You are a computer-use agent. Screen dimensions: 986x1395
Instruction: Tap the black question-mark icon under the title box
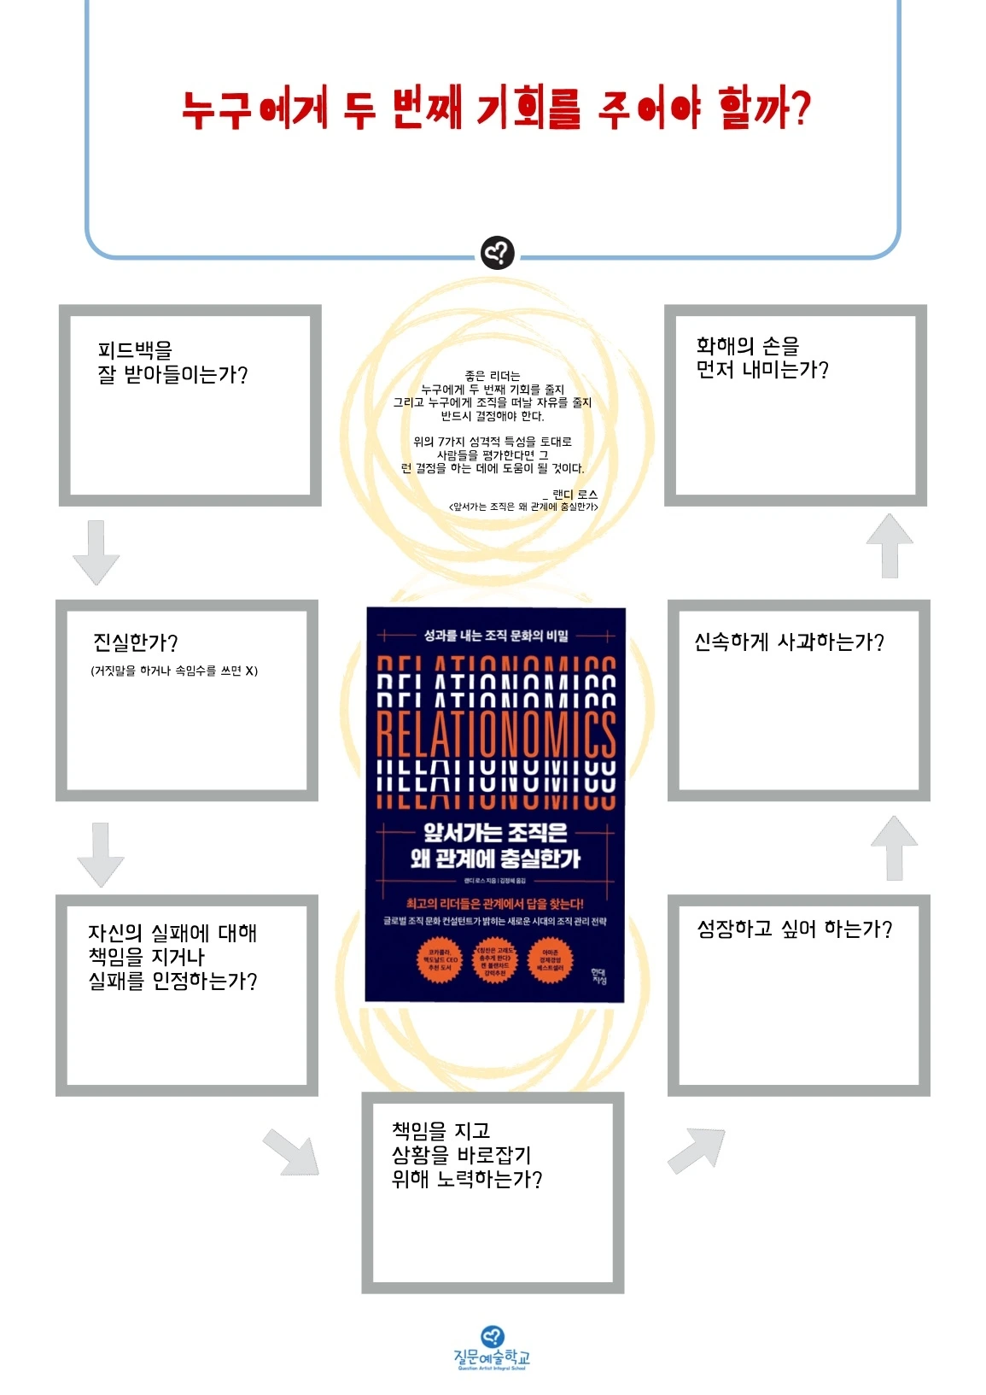[497, 253]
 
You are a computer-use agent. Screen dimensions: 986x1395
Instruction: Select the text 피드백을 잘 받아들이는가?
[172, 362]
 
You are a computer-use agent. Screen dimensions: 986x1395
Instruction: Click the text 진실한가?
[135, 642]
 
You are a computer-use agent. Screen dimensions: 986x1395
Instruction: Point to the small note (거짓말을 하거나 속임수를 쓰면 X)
[174, 671]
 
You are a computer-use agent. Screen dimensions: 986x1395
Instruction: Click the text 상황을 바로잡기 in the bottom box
[461, 1155]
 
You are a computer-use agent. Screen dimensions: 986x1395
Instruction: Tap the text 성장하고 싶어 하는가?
[794, 929]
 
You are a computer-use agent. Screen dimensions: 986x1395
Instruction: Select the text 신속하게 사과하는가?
[789, 642]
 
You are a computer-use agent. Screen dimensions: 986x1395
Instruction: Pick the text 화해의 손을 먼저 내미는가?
[761, 358]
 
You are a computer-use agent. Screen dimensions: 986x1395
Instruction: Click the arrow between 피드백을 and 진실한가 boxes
[96, 551]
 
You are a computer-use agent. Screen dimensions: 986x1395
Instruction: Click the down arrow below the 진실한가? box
[101, 853]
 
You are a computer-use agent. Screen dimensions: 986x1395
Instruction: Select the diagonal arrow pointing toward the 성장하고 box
[698, 1147]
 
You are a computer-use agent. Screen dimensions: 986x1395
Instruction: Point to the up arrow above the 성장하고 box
[894, 847]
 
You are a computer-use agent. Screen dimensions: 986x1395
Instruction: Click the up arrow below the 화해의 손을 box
[890, 545]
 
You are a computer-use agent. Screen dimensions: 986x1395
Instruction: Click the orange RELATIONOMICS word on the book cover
[495, 735]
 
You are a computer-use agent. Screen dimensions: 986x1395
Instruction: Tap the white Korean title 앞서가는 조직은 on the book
[495, 832]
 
